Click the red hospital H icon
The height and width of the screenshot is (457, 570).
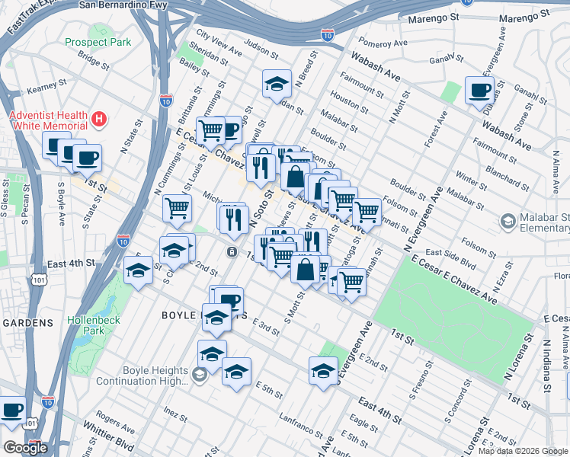click(x=98, y=119)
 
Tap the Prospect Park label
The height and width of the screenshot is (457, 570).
click(x=98, y=43)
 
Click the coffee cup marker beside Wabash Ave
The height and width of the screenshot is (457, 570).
click(x=479, y=91)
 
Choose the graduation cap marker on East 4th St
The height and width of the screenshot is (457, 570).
click(x=138, y=270)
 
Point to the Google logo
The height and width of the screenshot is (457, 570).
click(x=26, y=448)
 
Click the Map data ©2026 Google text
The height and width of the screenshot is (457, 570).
click(x=522, y=451)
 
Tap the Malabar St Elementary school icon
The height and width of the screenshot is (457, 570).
click(x=508, y=221)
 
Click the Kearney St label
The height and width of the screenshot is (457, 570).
click(x=42, y=91)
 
